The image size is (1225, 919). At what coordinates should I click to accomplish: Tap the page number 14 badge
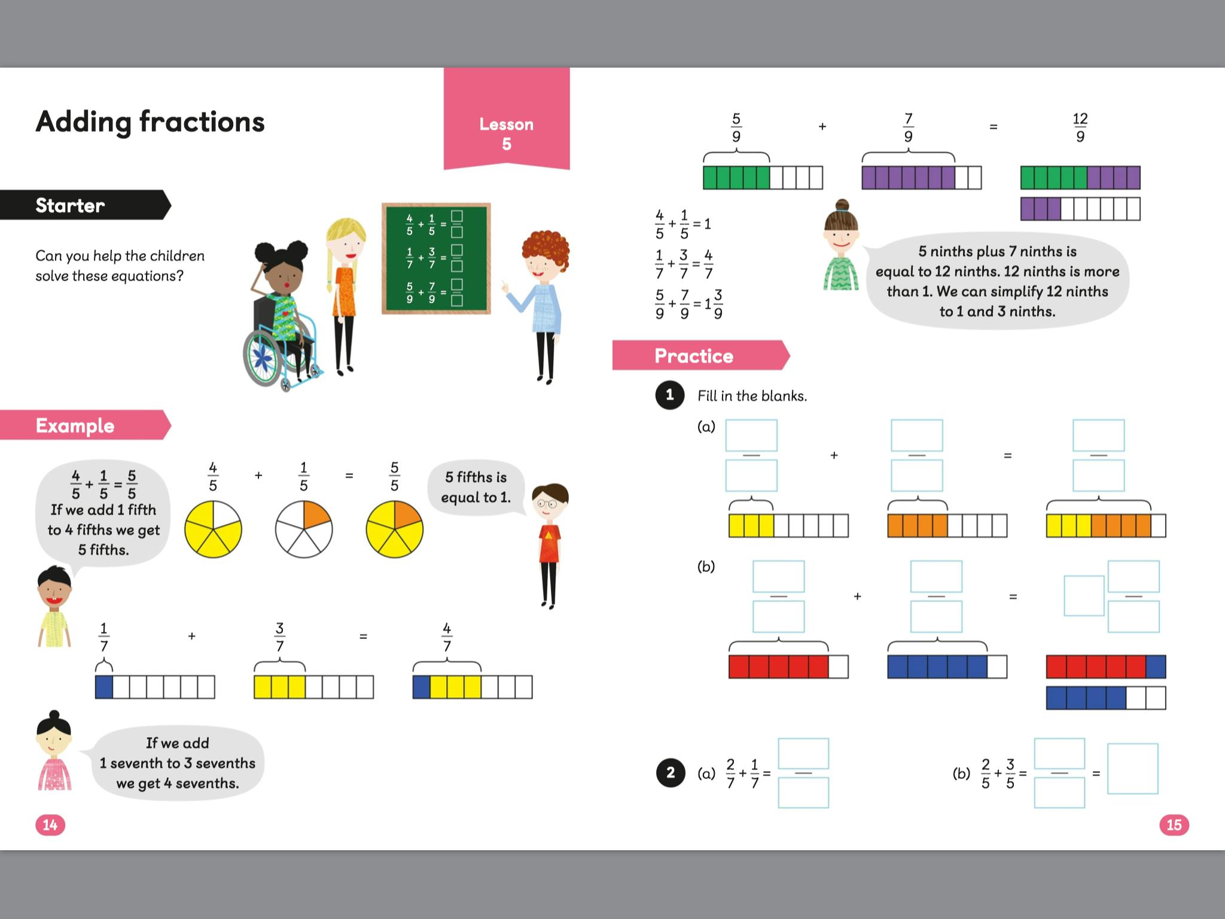coord(50,825)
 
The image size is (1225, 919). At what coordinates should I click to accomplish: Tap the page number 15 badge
coord(1174,825)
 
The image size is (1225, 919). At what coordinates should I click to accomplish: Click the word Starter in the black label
coord(70,205)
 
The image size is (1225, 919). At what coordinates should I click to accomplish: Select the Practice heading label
coord(694,356)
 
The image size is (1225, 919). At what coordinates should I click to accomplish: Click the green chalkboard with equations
coord(436,258)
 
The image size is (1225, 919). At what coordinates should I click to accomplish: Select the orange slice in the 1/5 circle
coord(315,514)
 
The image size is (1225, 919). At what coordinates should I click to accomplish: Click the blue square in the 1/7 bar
coord(104,687)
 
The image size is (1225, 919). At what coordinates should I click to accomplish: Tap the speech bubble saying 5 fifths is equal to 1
coord(476,487)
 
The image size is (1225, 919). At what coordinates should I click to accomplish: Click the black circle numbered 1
coord(670,395)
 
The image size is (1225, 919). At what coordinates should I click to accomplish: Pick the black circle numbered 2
coord(671,772)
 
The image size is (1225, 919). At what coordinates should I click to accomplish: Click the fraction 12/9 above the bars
coord(1080,127)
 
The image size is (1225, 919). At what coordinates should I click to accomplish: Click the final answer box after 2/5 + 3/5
coord(1132,769)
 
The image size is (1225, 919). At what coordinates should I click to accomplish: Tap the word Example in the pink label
coord(75,425)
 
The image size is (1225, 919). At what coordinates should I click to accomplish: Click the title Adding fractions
coord(150,122)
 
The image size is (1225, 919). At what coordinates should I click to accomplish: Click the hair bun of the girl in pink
coord(54,714)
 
